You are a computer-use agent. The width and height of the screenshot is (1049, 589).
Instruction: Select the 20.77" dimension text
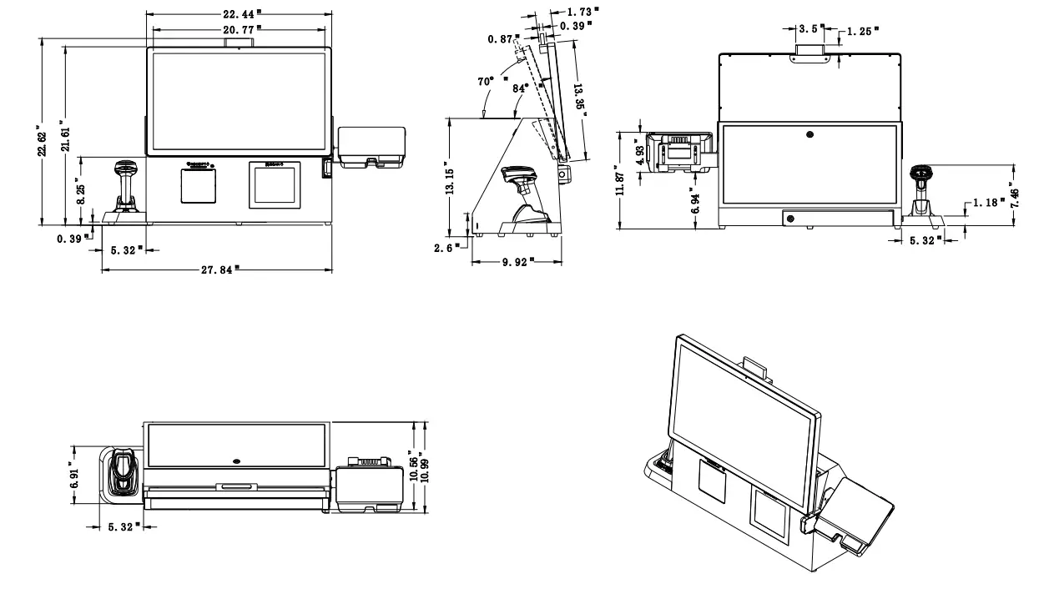coord(240,28)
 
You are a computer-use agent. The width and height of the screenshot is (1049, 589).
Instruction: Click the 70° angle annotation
coord(485,83)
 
